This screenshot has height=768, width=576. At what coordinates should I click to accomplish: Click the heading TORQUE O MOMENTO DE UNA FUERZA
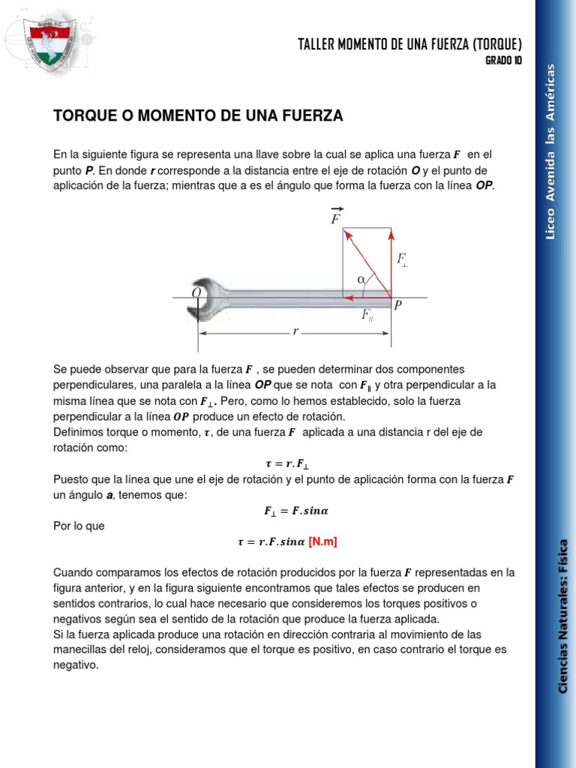tap(198, 115)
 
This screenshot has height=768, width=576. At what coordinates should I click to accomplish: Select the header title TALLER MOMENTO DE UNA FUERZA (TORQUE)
tap(409, 44)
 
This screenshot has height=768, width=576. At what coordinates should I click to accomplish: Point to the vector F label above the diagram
tap(337, 217)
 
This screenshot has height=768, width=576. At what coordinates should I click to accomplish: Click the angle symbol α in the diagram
tap(361, 279)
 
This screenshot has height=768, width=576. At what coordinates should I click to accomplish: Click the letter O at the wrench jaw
tap(196, 292)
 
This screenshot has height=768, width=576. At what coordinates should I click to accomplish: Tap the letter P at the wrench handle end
tap(397, 305)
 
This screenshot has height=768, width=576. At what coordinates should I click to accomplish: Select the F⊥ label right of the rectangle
tap(402, 260)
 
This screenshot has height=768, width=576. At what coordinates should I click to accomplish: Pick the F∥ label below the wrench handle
tap(367, 316)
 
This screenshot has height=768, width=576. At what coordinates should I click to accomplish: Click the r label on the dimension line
tap(295, 331)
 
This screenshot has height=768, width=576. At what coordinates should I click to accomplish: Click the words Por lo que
tap(79, 526)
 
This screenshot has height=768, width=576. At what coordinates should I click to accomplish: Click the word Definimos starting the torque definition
tap(78, 432)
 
